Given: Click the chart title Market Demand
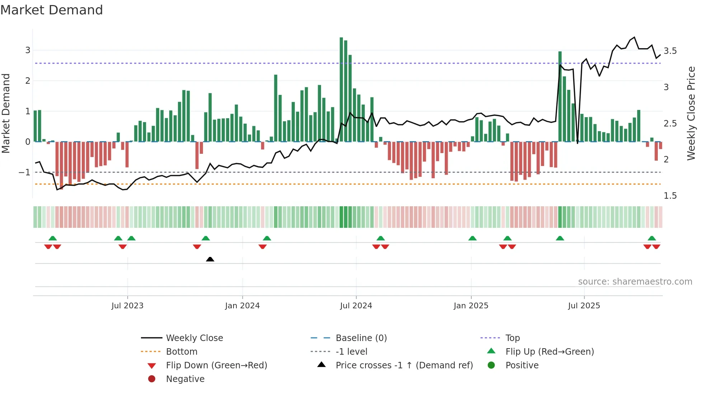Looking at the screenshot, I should (52, 10).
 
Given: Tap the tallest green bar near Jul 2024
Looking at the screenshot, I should (341, 90).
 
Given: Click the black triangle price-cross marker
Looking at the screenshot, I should (210, 259).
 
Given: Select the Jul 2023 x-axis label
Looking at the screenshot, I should (127, 306).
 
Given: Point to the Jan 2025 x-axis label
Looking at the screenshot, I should (471, 306).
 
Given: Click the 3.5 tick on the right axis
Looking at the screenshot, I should (670, 51).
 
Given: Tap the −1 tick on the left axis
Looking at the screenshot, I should (24, 172).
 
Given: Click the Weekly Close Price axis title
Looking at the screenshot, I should (691, 113).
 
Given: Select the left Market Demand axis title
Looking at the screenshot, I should (6, 113).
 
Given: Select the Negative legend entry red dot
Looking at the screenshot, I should (152, 379).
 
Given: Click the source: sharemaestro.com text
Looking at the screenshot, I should (635, 282).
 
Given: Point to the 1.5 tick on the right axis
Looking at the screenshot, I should (670, 196).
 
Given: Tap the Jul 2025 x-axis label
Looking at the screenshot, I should (584, 306).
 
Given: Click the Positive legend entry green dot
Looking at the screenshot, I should (491, 365).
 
